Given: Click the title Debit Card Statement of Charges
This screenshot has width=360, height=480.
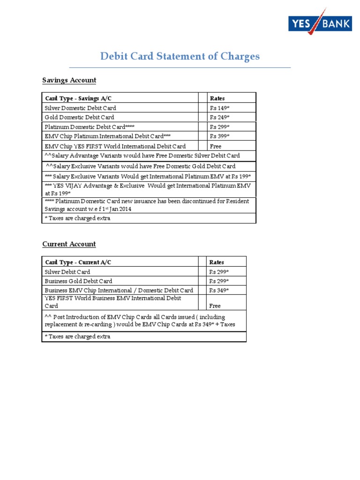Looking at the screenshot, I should click(180, 57).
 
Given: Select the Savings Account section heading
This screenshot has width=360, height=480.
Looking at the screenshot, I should click(69, 80).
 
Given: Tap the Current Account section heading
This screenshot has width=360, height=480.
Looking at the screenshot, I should click(69, 244).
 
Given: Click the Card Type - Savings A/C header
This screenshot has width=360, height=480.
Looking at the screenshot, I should click(78, 98).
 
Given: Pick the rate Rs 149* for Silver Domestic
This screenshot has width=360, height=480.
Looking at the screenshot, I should click(219, 108).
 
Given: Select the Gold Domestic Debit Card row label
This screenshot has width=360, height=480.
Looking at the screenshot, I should click(79, 117).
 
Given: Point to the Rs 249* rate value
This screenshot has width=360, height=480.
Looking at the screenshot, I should click(219, 117).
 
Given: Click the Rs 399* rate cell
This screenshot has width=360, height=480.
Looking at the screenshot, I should click(219, 136).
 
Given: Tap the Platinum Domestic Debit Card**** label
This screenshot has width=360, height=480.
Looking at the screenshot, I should click(90, 127).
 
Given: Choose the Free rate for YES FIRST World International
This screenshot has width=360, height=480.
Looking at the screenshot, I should click(216, 146).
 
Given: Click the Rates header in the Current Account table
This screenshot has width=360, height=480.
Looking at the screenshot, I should click(217, 262).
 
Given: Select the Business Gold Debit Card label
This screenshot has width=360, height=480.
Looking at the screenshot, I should click(78, 281).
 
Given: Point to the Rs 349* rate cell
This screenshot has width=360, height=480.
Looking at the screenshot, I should click(219, 291).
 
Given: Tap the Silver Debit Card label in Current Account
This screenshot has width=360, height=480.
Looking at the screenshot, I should click(67, 272).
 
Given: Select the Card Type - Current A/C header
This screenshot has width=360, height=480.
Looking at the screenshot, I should click(78, 262).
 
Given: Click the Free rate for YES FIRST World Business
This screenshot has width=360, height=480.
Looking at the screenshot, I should click(215, 306).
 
